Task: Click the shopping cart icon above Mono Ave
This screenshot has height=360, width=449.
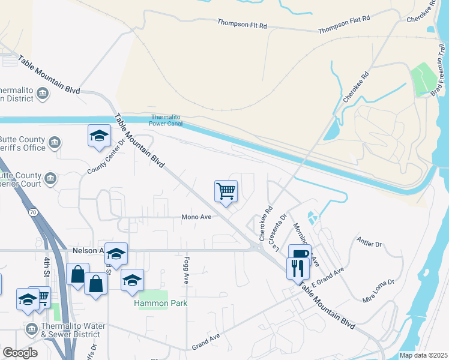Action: point(226,191)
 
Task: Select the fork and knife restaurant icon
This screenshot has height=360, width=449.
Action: point(297,267)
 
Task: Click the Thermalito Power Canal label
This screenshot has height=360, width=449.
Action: point(166,121)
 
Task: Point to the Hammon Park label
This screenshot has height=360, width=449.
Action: point(160,303)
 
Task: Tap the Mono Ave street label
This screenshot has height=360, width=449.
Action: point(197,217)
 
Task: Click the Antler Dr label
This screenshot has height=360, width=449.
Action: point(369,244)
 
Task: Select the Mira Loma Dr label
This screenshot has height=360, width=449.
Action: point(378,290)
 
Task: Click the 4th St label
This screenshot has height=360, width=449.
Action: point(47,268)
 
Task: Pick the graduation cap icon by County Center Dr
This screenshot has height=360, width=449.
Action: point(99,135)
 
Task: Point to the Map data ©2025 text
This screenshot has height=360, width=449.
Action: point(424,355)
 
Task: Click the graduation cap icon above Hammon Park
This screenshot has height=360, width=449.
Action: point(132,280)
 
